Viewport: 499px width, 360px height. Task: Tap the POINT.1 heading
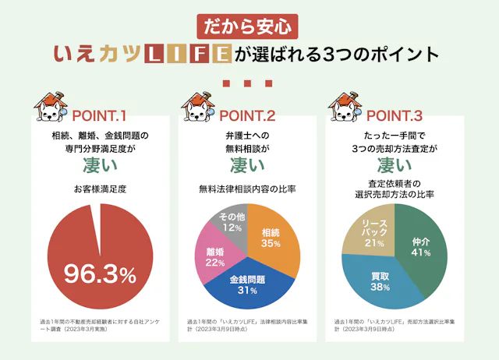(x=99, y=117)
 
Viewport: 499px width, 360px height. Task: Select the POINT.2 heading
(x=247, y=117)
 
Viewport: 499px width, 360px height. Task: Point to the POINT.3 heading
(x=395, y=117)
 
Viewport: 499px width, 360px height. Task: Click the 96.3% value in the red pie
(x=100, y=274)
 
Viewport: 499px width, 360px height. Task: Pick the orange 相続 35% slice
(x=272, y=238)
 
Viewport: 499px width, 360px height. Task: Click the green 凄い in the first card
(x=100, y=165)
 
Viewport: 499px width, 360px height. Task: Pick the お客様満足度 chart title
(x=100, y=189)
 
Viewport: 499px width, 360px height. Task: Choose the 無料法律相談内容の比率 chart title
(x=247, y=189)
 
